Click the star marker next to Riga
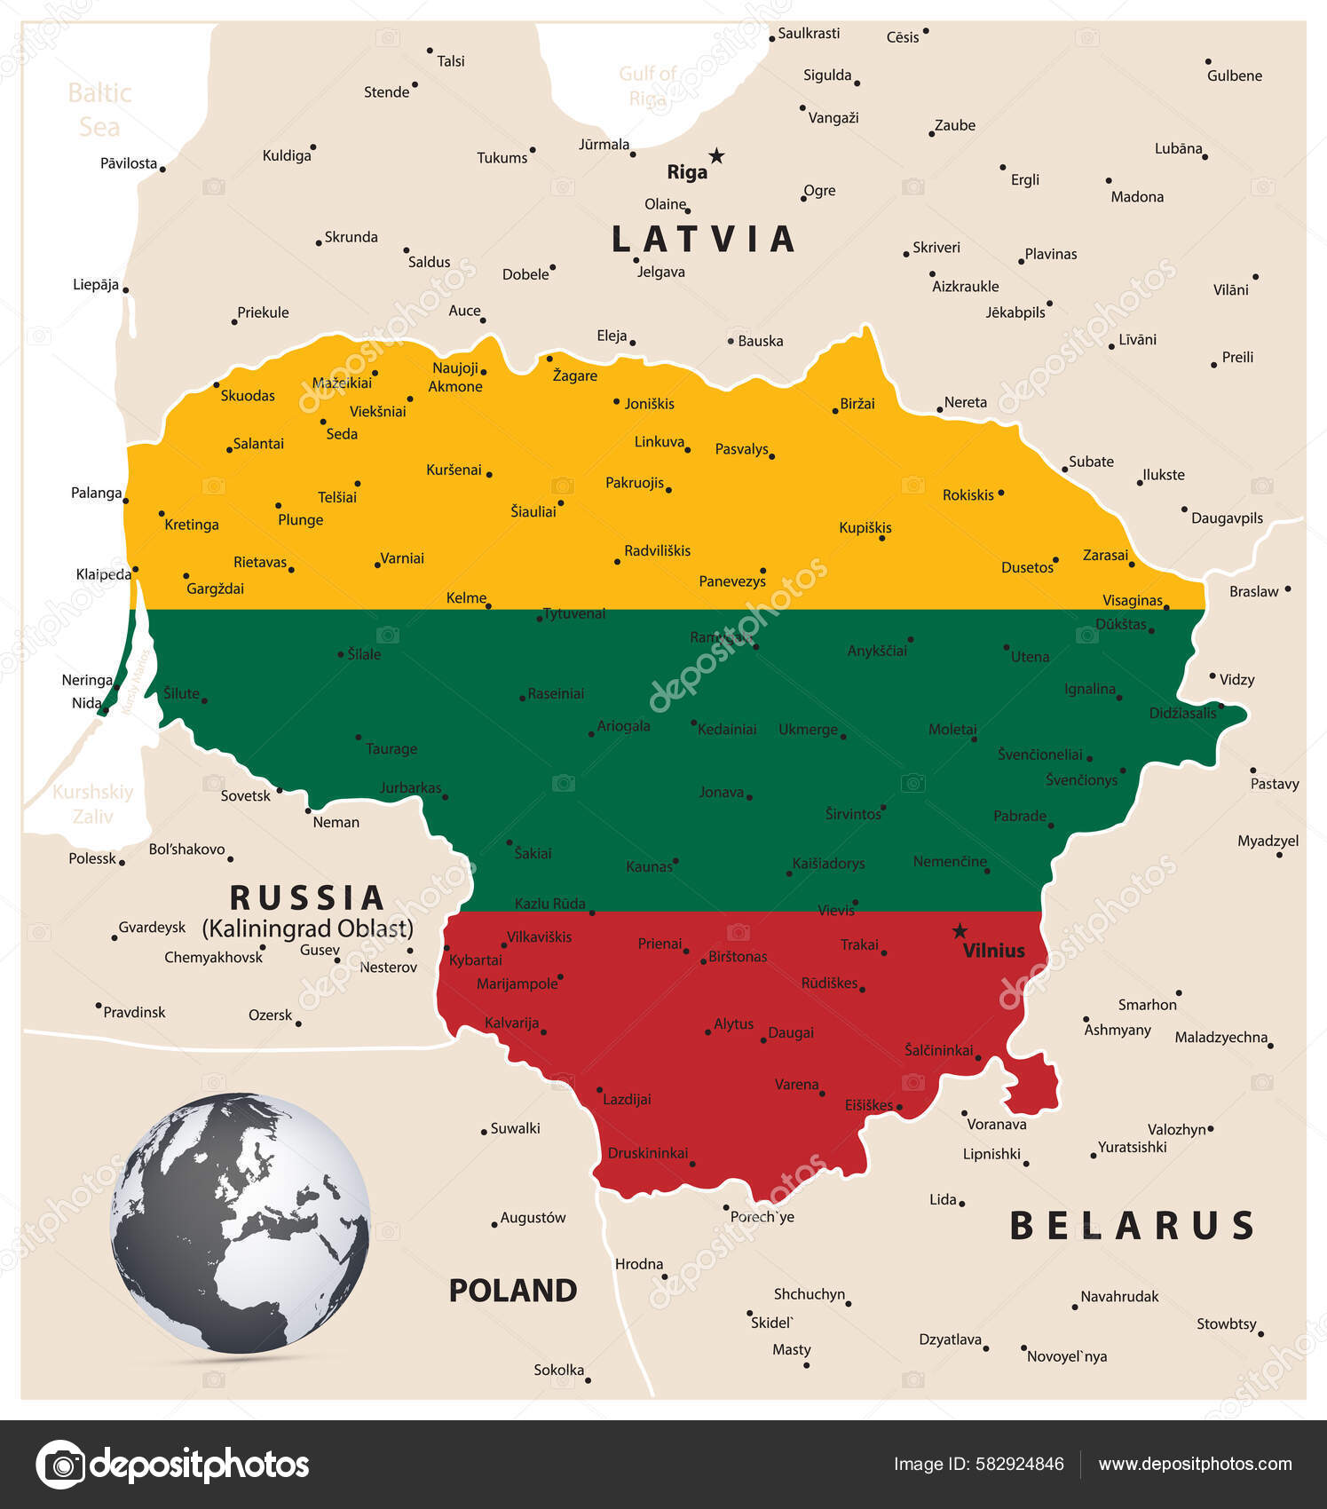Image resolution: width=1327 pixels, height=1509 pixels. tap(716, 156)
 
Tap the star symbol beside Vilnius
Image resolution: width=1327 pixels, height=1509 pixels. tap(960, 931)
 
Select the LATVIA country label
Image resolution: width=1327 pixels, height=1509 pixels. tap(703, 240)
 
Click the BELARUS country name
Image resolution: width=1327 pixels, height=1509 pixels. tap(1132, 1226)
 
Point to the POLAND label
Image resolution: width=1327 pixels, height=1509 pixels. tap(512, 1290)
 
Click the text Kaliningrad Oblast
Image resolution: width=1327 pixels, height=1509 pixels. tap(307, 928)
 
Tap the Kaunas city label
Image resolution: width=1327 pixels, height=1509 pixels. tap(649, 866)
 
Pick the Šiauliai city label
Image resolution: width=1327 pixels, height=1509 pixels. tap(533, 511)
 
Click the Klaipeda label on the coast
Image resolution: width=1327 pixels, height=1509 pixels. tap(103, 574)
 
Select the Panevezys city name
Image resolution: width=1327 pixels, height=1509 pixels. tap(731, 581)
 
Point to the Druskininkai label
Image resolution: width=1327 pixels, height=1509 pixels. tap(648, 1153)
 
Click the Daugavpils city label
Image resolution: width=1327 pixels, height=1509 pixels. tap(1227, 518)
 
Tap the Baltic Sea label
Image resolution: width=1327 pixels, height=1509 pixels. tap(99, 110)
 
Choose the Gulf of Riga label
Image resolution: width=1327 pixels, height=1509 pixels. tap(647, 86)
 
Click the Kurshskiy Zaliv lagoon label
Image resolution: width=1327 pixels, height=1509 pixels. tap(92, 803)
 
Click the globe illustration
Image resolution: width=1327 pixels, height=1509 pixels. tap(240, 1223)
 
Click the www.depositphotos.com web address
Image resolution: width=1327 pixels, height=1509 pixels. tap(1195, 1464)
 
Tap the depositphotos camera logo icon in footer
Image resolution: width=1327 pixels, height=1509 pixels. tap(61, 1464)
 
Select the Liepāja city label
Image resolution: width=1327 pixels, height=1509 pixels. tap(96, 285)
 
